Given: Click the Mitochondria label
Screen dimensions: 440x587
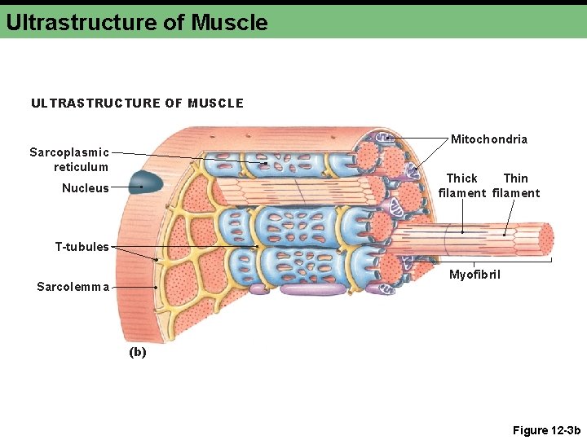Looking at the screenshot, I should pyautogui.click(x=488, y=139).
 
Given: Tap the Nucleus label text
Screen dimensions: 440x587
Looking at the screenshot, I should pyautogui.click(x=85, y=188).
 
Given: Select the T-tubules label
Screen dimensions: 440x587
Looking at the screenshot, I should pyautogui.click(x=82, y=247).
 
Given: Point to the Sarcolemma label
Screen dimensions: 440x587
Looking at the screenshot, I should pyautogui.click(x=73, y=286).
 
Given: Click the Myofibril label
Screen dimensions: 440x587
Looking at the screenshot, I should pyautogui.click(x=474, y=275).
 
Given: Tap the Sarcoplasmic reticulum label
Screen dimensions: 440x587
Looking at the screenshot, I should pyautogui.click(x=69, y=160).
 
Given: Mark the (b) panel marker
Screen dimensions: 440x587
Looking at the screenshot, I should pyautogui.click(x=137, y=352).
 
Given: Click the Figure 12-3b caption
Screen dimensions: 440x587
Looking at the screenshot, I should pyautogui.click(x=545, y=430).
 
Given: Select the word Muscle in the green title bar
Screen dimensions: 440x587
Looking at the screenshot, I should pyautogui.click(x=229, y=22).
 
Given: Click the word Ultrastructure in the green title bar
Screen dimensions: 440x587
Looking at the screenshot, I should pyautogui.click(x=82, y=22).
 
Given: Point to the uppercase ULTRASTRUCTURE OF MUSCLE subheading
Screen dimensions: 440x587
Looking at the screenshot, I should pyautogui.click(x=137, y=103).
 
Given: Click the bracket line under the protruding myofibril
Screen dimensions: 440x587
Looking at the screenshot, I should pyautogui.click(x=473, y=260).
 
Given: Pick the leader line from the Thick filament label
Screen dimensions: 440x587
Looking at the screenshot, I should pyautogui.click(x=462, y=215).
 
